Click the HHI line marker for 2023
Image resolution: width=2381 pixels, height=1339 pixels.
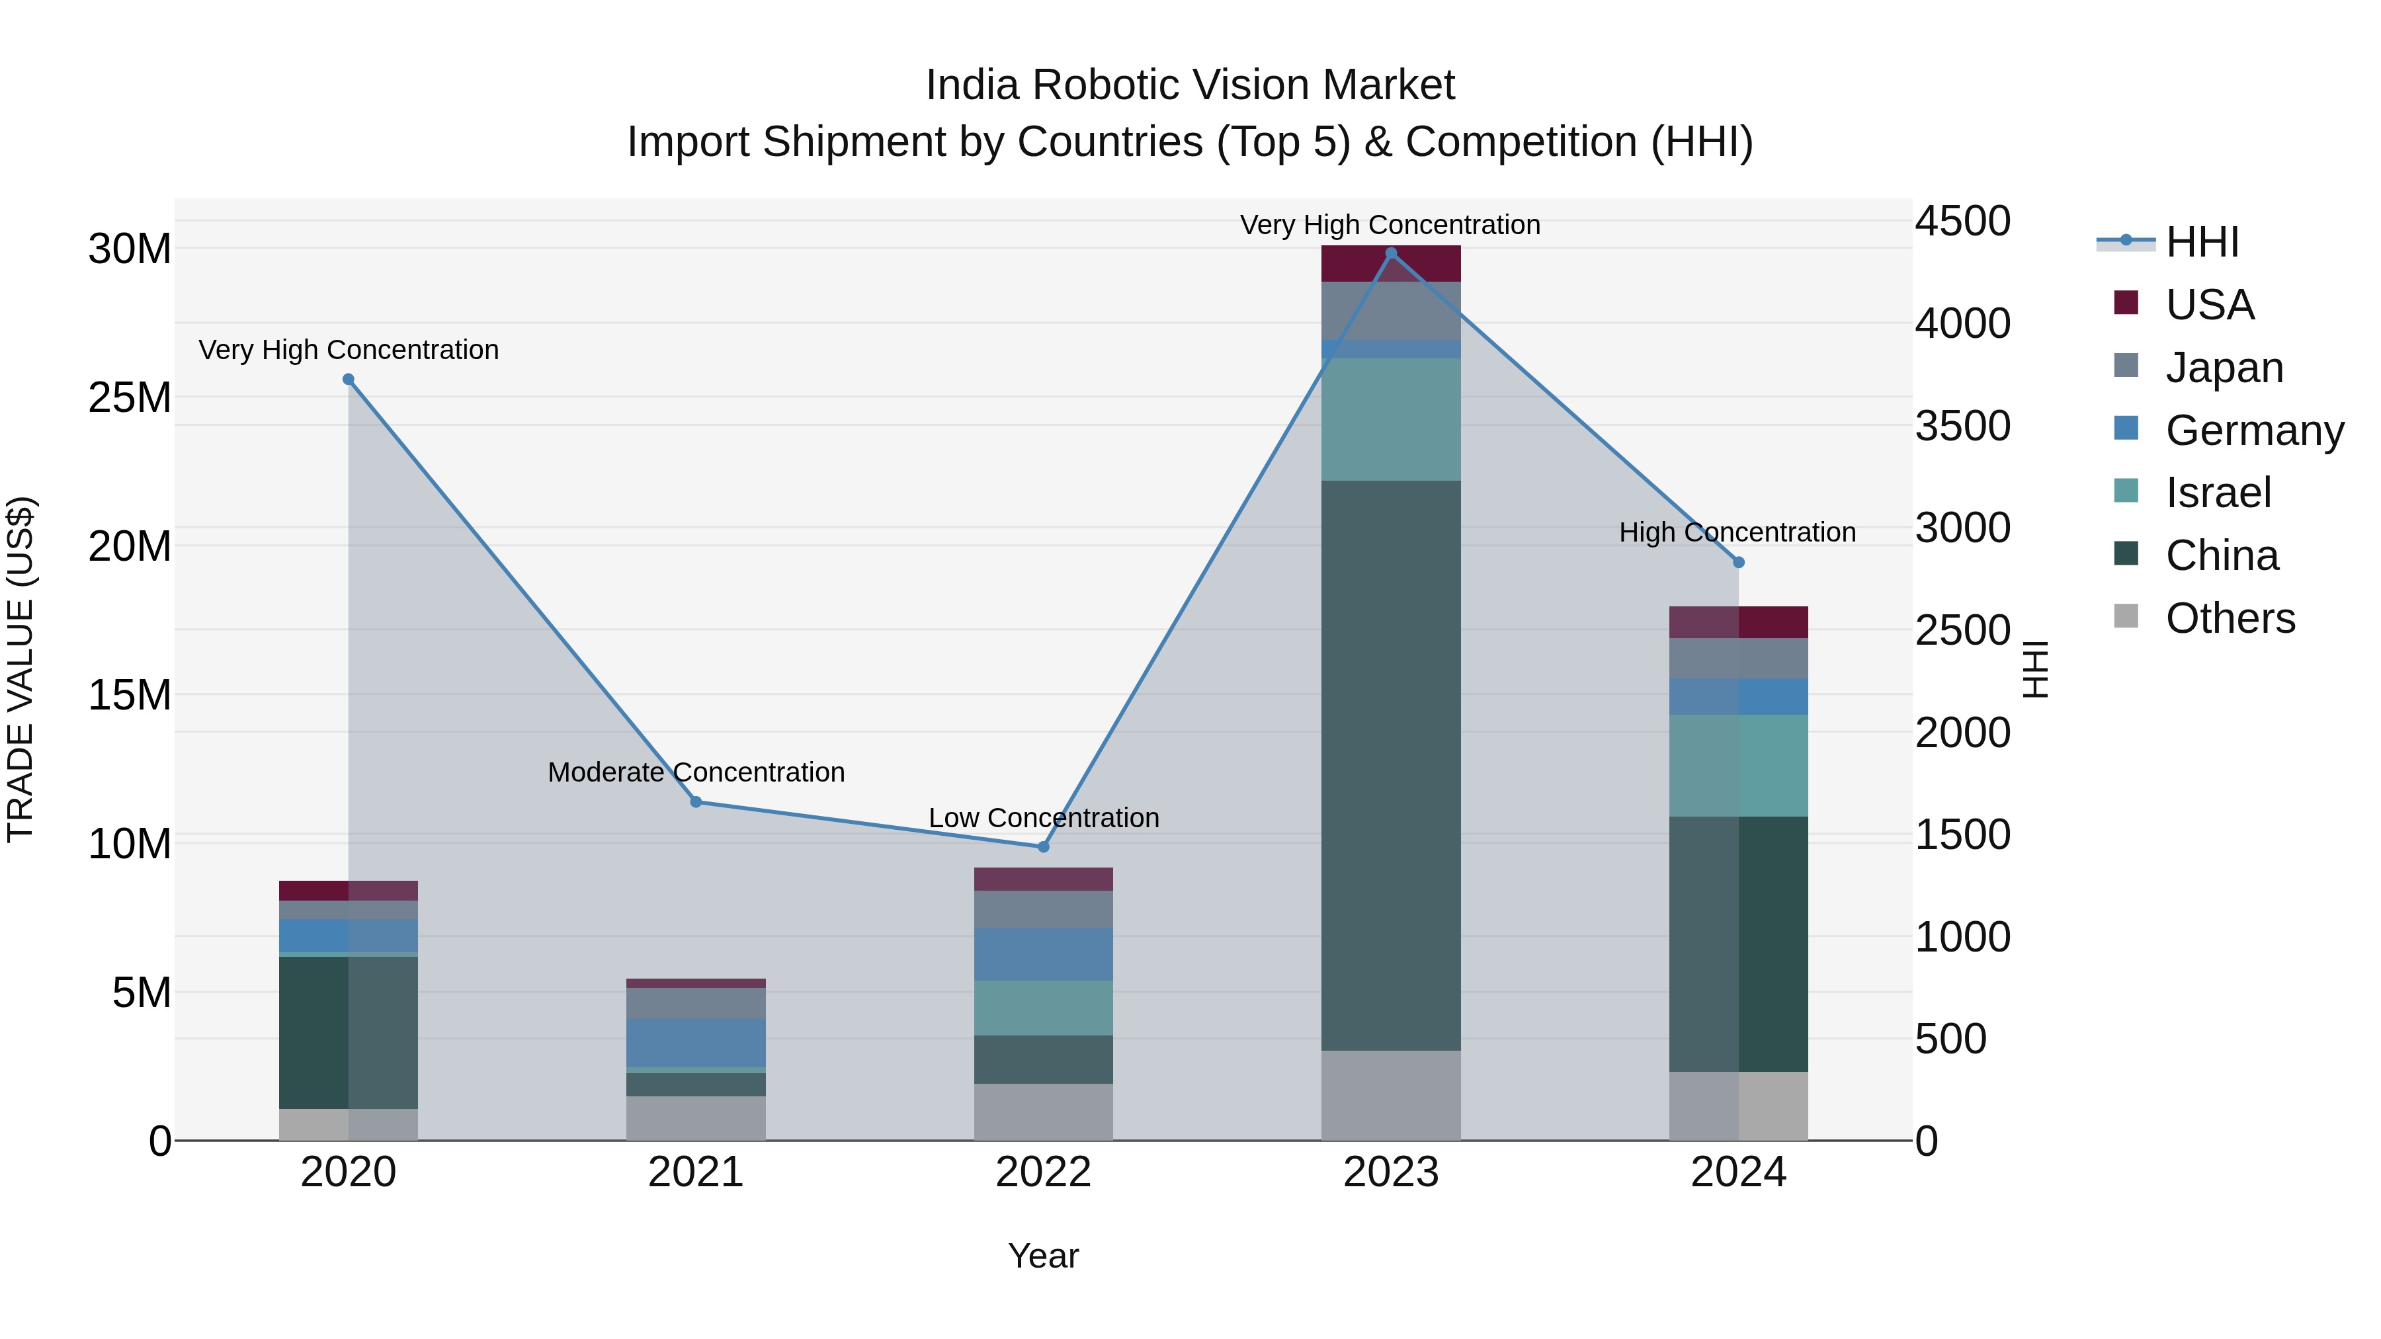point(1391,253)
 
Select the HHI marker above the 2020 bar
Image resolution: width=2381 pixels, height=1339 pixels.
point(349,379)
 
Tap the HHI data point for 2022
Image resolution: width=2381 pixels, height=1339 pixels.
point(1044,846)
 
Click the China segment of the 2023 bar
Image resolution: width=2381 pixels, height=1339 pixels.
point(1391,765)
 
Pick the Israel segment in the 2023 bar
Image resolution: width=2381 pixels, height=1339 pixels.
point(1391,419)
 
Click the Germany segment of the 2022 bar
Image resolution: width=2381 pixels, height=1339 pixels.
point(1044,954)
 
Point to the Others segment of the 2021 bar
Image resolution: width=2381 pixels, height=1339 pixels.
point(696,1118)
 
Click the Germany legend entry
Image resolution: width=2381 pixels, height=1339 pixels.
point(2253,430)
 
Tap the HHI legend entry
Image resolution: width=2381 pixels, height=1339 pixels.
point(2202,242)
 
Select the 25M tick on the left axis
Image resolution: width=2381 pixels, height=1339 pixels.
point(130,397)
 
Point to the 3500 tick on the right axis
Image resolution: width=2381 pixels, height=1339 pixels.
point(1962,426)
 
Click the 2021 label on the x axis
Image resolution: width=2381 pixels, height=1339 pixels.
point(696,1172)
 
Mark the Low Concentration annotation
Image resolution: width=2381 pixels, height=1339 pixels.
point(1044,818)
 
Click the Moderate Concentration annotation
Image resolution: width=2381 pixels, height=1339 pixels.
point(696,772)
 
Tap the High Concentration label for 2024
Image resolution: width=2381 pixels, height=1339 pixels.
point(1737,532)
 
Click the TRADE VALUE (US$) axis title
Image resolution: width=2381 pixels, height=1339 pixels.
point(21,669)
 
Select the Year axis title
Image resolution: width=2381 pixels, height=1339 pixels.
point(1044,1256)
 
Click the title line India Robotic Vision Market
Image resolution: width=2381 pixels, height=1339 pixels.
point(1190,85)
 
